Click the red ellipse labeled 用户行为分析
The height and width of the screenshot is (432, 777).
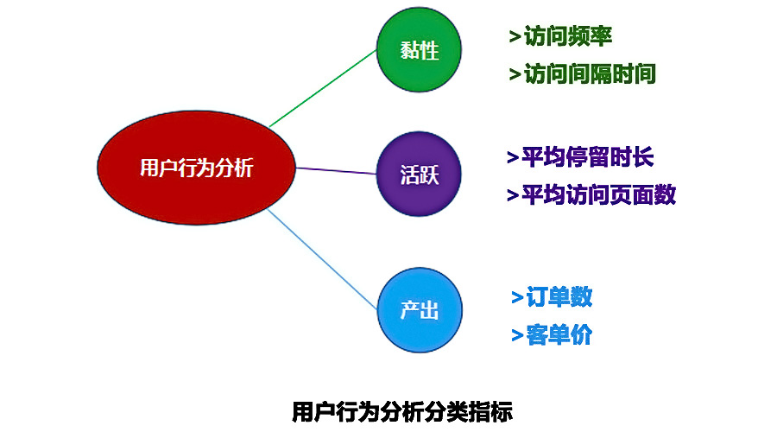click(196, 168)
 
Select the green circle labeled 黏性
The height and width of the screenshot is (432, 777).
click(420, 49)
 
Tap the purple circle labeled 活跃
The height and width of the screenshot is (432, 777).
click(420, 174)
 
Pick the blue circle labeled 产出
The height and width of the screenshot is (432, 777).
click(420, 310)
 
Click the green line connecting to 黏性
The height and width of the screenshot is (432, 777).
click(323, 88)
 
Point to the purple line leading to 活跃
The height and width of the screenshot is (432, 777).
click(336, 170)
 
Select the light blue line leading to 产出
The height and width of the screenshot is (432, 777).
click(323, 259)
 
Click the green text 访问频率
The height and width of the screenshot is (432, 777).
click(568, 36)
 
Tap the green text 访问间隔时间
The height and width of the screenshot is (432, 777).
click(590, 74)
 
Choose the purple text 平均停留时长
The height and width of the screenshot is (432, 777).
click(588, 157)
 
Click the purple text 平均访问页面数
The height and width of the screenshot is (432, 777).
click(598, 194)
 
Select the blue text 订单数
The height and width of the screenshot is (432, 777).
click(559, 297)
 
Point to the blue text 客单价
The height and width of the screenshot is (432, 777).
click(559, 334)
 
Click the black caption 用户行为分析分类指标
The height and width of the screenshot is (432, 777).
click(402, 411)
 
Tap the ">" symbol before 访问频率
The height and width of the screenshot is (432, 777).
click(515, 36)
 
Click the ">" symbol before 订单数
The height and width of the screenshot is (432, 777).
click(517, 297)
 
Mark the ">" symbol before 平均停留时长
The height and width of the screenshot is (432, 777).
click(513, 158)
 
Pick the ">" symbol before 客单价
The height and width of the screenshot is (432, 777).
click(517, 335)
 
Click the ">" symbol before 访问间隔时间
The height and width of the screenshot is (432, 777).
click(515, 74)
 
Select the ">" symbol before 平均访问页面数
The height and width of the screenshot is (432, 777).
click(513, 195)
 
